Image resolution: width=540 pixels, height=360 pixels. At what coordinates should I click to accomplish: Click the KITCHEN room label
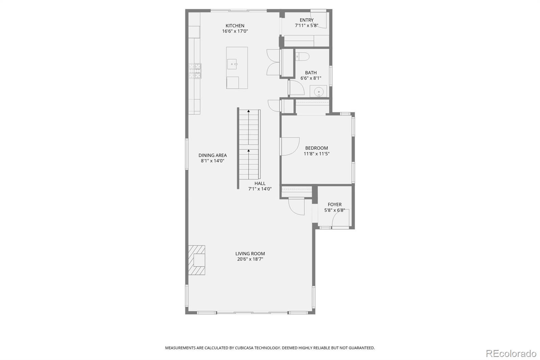pos(235,26)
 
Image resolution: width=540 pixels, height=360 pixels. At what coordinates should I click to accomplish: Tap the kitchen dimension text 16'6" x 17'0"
pos(235,31)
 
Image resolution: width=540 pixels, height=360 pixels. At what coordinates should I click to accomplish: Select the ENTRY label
pos(306,20)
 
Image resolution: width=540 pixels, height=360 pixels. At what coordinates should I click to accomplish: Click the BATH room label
pos(311,73)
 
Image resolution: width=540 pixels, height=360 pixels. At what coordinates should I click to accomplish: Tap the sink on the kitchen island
pos(233,63)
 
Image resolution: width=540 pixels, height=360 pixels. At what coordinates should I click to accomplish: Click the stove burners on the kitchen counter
pos(195,71)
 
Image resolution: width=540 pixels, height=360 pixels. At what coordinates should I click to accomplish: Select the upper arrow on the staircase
pos(249,111)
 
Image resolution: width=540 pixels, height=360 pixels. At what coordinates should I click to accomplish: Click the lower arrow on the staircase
pos(249,151)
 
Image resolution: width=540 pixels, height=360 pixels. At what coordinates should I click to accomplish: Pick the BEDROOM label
pos(317,148)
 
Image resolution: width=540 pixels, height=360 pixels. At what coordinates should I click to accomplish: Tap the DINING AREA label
pos(213,155)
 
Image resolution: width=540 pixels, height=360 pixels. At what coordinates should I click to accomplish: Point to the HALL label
pos(260,183)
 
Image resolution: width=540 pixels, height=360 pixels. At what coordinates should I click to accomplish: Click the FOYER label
pos(334,204)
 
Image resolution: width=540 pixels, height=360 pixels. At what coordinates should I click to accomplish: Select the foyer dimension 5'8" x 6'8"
pos(334,210)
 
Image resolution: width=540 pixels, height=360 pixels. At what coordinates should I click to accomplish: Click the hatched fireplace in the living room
pos(197,260)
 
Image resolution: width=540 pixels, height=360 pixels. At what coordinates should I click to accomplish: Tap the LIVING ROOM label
pos(250,254)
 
